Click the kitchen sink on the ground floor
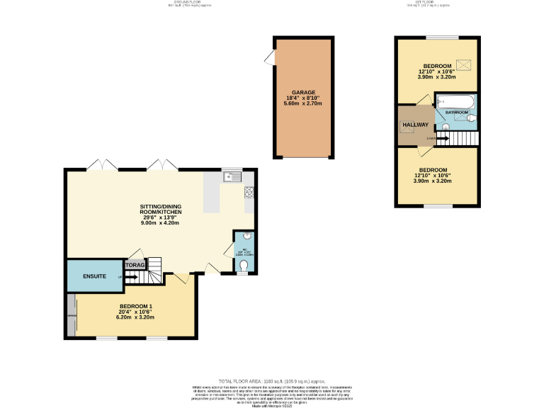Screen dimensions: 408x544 click(231, 177)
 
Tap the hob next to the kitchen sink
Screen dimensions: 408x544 click(249, 191)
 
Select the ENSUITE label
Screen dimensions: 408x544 click(94, 276)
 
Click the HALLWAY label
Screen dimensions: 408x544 click(415, 125)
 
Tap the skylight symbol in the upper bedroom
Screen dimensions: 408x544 click(465, 65)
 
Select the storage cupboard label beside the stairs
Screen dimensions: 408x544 click(135, 265)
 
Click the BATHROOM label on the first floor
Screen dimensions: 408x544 click(457, 113)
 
